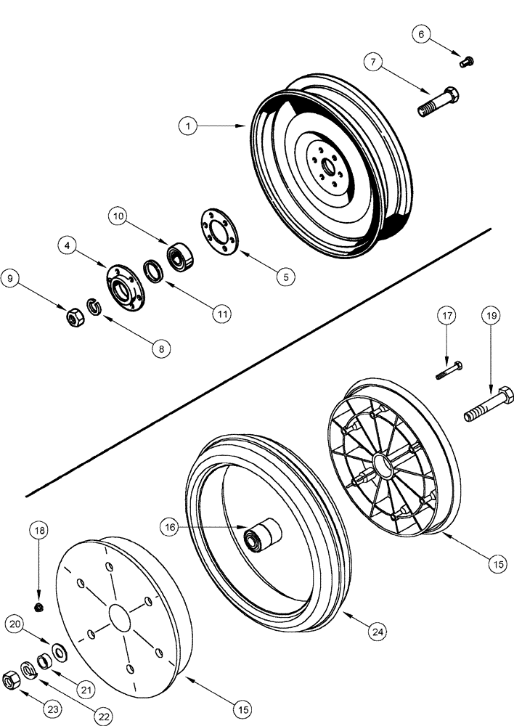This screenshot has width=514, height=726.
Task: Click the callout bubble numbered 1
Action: pyautogui.click(x=188, y=126)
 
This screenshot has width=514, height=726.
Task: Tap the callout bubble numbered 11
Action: pyautogui.click(x=220, y=314)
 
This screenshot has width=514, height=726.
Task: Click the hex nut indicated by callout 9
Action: pyautogui.click(x=73, y=317)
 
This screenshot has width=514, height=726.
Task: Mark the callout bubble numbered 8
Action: pyautogui.click(x=161, y=348)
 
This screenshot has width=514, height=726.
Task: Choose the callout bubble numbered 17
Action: pyautogui.click(x=446, y=316)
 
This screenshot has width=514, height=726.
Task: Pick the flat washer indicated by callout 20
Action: pyautogui.click(x=59, y=648)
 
